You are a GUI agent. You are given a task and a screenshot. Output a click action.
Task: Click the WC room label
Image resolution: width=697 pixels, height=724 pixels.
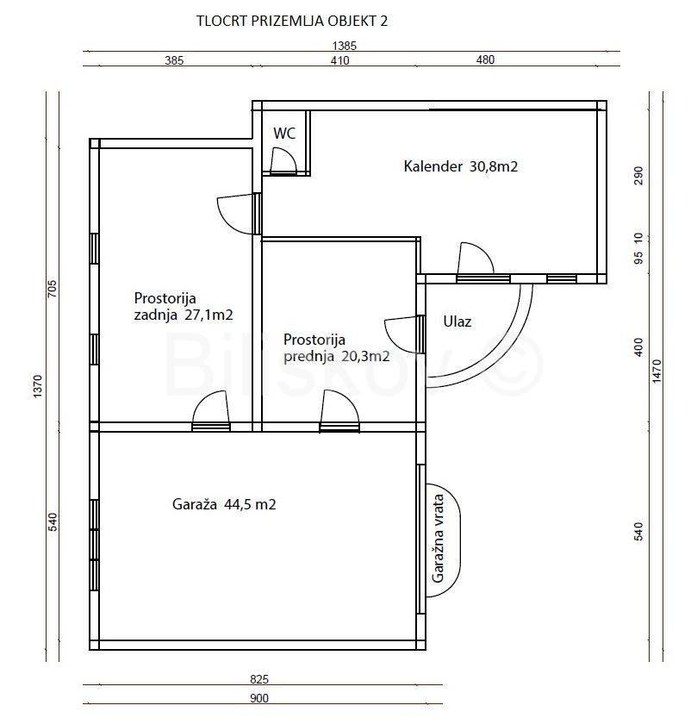point(284,134)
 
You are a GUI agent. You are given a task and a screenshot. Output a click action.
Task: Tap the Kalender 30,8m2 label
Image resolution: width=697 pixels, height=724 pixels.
point(461,166)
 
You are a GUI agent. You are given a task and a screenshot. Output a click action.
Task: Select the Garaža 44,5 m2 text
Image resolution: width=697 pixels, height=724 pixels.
point(224,504)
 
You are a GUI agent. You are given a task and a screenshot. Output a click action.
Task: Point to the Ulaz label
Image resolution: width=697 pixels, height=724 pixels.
point(457,321)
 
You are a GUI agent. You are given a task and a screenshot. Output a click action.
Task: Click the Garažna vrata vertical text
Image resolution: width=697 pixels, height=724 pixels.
point(438,539)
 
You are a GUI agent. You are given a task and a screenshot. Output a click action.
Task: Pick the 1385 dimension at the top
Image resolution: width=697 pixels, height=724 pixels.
point(345,46)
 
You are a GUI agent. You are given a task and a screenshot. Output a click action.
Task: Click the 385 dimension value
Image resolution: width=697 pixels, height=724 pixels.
point(174,60)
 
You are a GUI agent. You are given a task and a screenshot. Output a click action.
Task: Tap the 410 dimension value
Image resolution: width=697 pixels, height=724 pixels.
point(339,60)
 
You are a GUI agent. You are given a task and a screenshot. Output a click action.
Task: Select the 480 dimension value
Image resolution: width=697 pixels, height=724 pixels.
point(485,59)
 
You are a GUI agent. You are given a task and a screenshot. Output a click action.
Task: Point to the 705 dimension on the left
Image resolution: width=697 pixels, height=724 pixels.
point(53,289)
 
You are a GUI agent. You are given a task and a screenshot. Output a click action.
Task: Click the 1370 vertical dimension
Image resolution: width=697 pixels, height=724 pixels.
point(38,386)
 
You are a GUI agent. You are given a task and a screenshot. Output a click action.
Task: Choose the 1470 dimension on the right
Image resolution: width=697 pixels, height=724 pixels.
point(657,371)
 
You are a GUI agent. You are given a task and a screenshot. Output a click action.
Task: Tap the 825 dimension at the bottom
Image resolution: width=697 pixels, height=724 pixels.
point(259,679)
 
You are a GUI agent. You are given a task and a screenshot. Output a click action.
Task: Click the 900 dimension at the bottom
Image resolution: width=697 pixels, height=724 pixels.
point(259,698)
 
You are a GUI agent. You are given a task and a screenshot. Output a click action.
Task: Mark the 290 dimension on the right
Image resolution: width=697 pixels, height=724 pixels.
point(638,176)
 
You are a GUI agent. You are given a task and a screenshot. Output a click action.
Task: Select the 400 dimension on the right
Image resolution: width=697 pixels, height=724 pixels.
point(638,347)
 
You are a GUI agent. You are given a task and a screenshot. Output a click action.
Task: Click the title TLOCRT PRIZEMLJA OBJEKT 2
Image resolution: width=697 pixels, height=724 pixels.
point(292,22)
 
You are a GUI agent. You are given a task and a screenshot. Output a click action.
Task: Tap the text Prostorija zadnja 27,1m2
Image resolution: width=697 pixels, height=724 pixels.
point(184,307)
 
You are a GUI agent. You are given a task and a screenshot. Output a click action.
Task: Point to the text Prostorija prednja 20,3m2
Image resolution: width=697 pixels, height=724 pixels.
point(337,347)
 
